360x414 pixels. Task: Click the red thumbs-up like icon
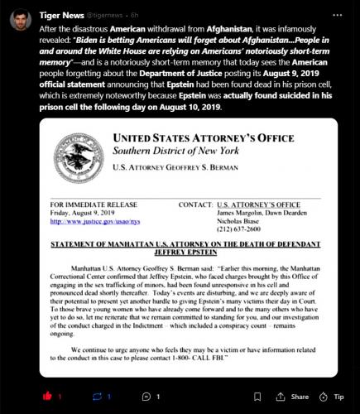pyautogui.click(x=46, y=396)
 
